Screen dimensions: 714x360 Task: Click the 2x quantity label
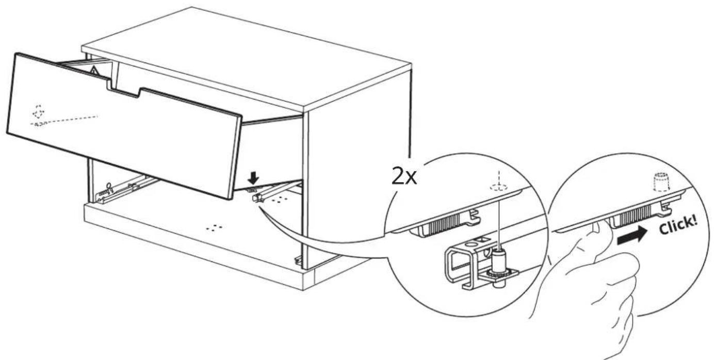[404, 178]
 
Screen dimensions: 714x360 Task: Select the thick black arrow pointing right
[632, 237]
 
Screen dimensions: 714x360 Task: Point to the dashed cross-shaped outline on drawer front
[39, 112]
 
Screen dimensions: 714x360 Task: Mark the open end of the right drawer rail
[257, 199]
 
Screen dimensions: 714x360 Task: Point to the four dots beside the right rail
[278, 200]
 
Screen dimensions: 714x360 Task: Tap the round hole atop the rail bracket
[471, 246]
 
